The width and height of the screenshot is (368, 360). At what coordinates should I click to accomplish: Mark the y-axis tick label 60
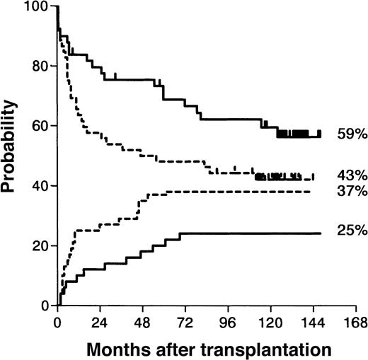pyautogui.click(x=44, y=126)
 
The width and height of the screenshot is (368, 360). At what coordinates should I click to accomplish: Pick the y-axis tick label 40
pyautogui.click(x=44, y=186)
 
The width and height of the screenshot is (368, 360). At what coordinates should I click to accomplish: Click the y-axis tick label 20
pyautogui.click(x=44, y=246)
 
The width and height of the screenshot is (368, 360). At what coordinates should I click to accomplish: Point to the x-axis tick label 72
pyautogui.click(x=185, y=320)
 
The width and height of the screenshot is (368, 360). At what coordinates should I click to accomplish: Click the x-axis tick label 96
pyautogui.click(x=228, y=320)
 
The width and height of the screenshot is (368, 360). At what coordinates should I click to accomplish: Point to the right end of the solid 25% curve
pyautogui.click(x=321, y=233)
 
